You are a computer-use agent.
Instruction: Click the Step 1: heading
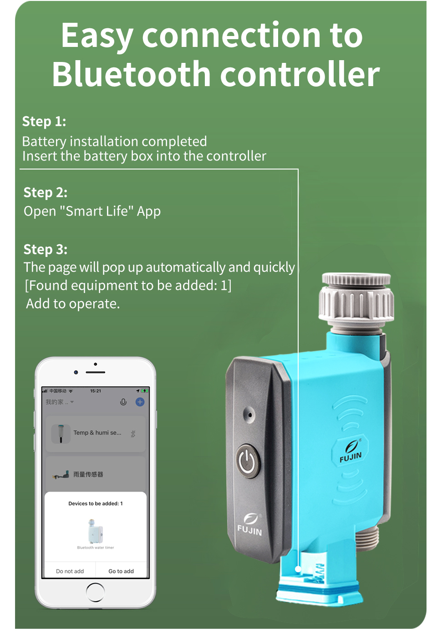tap(44, 122)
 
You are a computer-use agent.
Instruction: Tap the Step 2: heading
tap(45, 193)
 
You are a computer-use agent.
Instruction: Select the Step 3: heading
tap(45, 250)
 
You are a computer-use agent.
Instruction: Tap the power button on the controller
tap(247, 461)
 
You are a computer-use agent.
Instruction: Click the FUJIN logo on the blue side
tap(351, 451)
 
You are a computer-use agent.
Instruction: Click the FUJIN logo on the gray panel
tap(249, 525)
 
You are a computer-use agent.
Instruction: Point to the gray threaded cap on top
tap(356, 298)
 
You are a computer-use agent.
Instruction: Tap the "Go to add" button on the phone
tap(121, 571)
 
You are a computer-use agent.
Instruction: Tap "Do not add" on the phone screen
tap(70, 571)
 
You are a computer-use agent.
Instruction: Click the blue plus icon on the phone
tap(140, 402)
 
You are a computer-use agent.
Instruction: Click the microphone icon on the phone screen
tap(123, 402)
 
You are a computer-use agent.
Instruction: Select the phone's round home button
tap(95, 592)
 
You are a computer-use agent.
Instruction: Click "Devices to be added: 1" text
tap(96, 504)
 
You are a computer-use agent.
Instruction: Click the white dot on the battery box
tap(298, 569)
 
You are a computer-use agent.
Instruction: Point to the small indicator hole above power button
tap(249, 414)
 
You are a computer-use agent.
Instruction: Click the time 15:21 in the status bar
tap(96, 391)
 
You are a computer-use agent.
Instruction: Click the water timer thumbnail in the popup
tap(96, 531)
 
